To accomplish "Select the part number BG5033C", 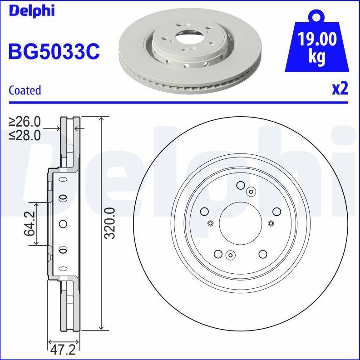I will point(54,51).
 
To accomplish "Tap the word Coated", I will point(25,90).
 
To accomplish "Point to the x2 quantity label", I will point(340,89).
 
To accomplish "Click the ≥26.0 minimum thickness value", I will point(25,122).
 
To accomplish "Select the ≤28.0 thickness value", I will point(25,135).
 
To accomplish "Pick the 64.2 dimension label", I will point(30,223).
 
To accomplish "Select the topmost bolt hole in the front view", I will point(240,185).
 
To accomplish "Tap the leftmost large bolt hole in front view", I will point(204,211).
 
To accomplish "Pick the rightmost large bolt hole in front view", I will point(276,211).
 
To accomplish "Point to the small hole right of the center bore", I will point(271,222).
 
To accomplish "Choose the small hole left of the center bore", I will point(210,222).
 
